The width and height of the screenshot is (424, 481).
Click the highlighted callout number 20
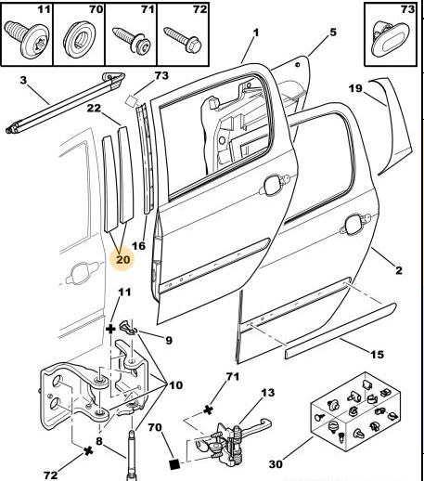122,259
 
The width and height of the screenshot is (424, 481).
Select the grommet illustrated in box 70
79,38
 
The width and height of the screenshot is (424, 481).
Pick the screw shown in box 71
132,40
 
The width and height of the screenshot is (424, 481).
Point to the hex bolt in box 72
183,40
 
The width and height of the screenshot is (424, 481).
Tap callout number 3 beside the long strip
23,81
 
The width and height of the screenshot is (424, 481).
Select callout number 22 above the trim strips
94,108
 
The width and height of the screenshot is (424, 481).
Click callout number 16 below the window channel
138,246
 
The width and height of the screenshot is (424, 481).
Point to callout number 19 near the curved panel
355,88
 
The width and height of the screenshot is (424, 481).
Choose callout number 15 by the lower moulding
377,354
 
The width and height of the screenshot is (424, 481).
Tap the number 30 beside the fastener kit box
276,464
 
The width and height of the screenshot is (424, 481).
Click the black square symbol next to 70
174,464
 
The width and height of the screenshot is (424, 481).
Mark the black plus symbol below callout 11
110,330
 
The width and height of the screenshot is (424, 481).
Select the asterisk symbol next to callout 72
88,451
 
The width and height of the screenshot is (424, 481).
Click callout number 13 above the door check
268,393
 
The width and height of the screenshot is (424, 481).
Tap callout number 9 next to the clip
169,340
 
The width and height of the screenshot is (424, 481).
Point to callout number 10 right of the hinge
176,385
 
